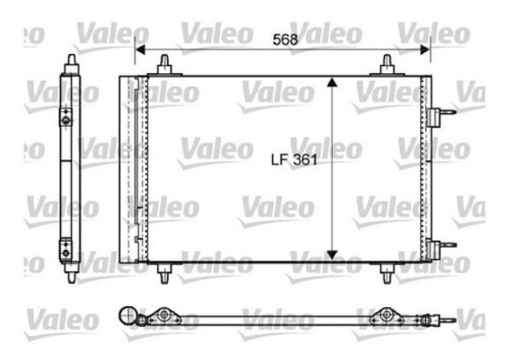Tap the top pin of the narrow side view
tap(70, 63)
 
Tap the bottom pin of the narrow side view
tap(70, 272)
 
